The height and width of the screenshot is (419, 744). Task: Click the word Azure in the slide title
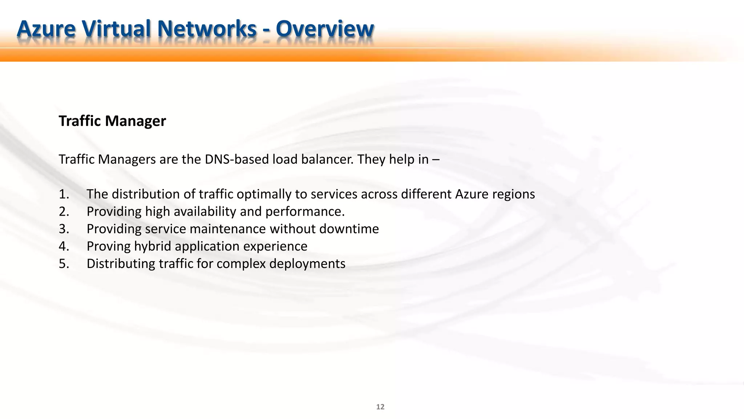tap(46, 29)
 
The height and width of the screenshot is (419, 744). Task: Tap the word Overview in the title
tap(325, 29)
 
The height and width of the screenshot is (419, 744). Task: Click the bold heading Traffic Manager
tap(112, 121)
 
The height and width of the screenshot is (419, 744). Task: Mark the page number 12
tap(380, 407)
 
